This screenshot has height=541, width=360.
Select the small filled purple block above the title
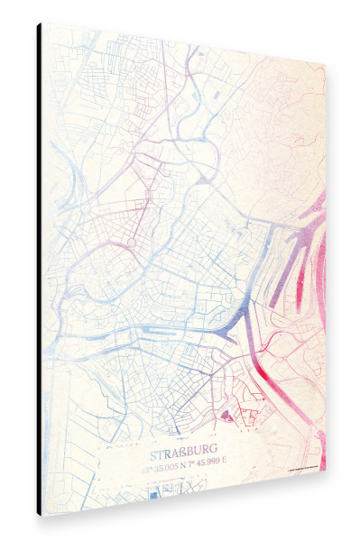point(225,417)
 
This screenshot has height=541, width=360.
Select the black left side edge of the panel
point(39,270)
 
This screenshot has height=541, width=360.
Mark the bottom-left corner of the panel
point(39,515)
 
